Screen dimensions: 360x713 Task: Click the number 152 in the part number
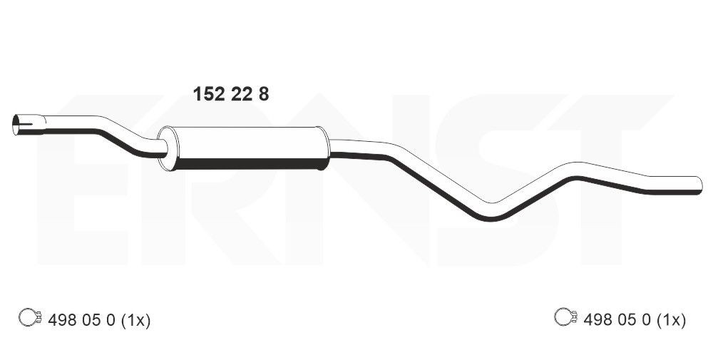click(x=207, y=94)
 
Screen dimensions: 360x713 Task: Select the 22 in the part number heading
click(x=240, y=94)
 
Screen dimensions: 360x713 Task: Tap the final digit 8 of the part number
click(x=264, y=94)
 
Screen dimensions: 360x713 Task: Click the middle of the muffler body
click(x=246, y=148)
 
